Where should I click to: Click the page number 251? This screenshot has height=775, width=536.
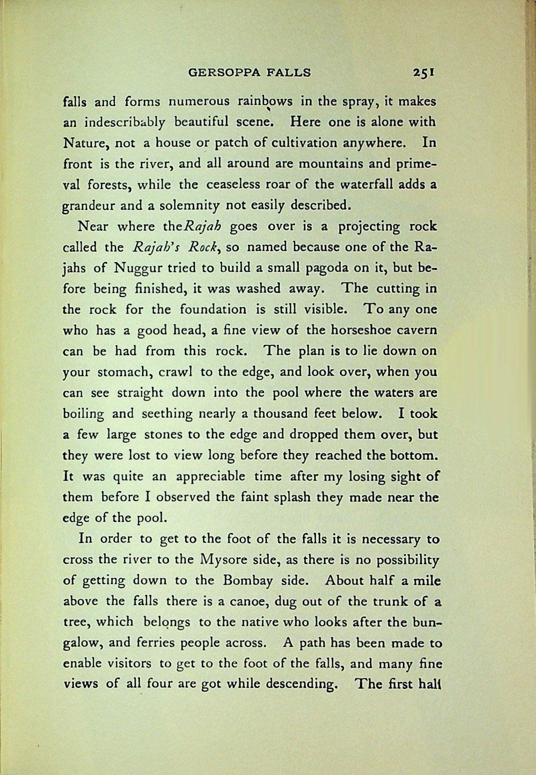click(424, 72)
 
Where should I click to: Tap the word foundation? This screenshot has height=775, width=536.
click(213, 310)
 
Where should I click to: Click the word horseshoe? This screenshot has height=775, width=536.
click(343, 330)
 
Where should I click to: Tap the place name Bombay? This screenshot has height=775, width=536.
click(248, 581)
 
